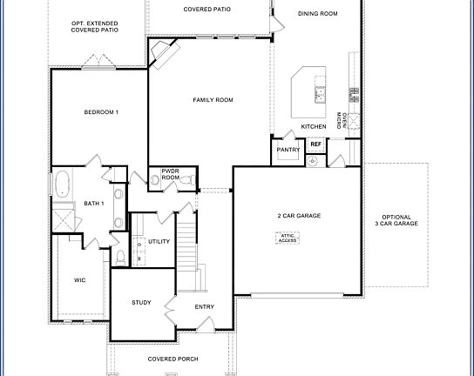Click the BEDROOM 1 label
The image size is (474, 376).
point(101,112)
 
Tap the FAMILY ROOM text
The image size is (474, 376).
point(213,101)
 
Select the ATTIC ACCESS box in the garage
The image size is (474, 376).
point(288,237)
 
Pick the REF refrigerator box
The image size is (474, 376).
point(315,144)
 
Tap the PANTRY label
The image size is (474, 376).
point(288,150)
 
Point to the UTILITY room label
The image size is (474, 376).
point(159,241)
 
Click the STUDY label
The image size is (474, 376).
point(141,303)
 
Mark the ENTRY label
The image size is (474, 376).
point(205,306)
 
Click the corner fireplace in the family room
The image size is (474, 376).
point(162,56)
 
